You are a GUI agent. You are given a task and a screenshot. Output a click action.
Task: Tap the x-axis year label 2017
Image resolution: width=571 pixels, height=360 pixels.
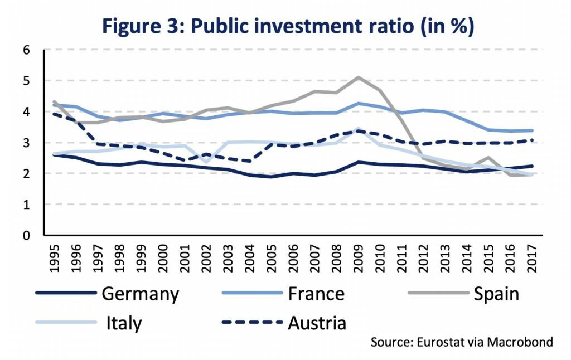pos(531,257)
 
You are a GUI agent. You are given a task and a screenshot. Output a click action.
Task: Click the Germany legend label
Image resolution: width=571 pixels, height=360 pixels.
pos(141,294)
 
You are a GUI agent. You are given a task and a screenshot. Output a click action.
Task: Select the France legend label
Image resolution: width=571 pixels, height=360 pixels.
pos(316,294)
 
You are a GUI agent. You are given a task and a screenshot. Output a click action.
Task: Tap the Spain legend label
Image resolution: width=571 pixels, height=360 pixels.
pos(496,294)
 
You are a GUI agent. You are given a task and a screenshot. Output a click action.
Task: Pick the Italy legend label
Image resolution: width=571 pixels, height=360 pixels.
pos(124,323)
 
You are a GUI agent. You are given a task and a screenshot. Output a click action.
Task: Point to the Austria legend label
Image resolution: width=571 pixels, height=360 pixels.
pos(317,323)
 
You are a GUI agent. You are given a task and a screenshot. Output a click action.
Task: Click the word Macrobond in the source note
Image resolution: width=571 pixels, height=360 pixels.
pos(521,342)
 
